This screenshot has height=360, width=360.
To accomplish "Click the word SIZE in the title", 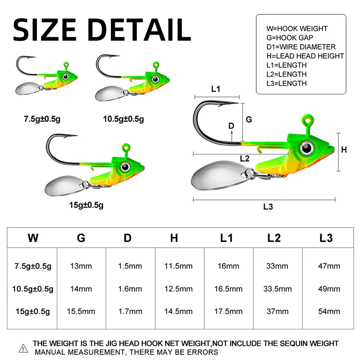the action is (x=44, y=30).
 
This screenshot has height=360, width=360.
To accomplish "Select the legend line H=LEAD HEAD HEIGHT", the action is (x=305, y=56).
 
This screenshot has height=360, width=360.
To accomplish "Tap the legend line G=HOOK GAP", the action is (x=290, y=38).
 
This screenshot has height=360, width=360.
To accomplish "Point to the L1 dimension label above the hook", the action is (x=216, y=89).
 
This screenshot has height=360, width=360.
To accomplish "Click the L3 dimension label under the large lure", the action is (x=268, y=207).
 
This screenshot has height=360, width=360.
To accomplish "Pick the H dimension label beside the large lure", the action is (x=344, y=150).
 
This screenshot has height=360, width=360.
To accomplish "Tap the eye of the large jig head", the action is (x=307, y=148).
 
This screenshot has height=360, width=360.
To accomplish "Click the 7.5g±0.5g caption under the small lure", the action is (x=42, y=119).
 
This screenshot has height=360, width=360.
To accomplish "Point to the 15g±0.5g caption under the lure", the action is (x=86, y=205).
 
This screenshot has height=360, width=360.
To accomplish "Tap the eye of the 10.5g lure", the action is (x=155, y=80).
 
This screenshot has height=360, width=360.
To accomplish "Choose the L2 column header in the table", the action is (x=274, y=238).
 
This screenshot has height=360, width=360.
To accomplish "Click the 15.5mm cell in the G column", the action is (x=81, y=311).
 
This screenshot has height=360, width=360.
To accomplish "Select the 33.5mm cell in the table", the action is (x=277, y=288).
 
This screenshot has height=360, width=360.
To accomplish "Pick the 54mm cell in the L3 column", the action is (x=329, y=311).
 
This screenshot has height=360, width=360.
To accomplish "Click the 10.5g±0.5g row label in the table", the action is (x=33, y=289).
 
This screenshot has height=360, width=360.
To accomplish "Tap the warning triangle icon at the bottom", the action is (x=23, y=349).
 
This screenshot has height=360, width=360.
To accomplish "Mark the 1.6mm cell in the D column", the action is (x=130, y=288).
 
